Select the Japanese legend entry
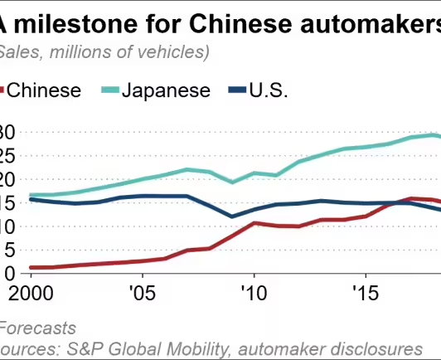tap(166, 90)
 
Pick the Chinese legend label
tap(45, 90)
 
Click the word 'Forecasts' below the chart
tap(36, 328)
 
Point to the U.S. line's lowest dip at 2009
tap(232, 216)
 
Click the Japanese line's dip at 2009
tap(232, 182)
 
